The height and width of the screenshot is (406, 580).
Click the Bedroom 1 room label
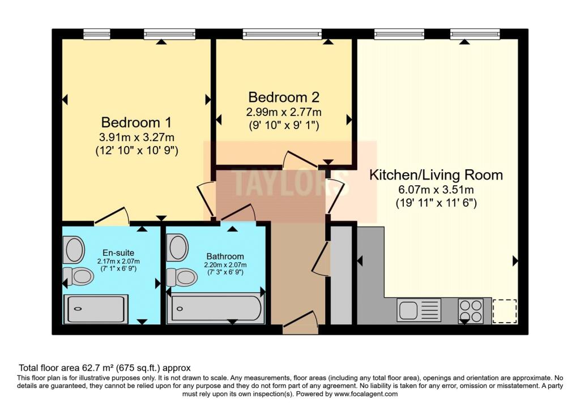(x=136, y=122)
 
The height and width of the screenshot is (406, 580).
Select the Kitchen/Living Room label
(x=436, y=174)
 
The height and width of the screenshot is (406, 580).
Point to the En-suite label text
(x=118, y=253)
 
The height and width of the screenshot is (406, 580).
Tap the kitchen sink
(x=419, y=310)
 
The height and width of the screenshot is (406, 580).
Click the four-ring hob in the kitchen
(x=471, y=310)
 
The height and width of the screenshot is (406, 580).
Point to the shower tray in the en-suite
(x=96, y=309)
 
